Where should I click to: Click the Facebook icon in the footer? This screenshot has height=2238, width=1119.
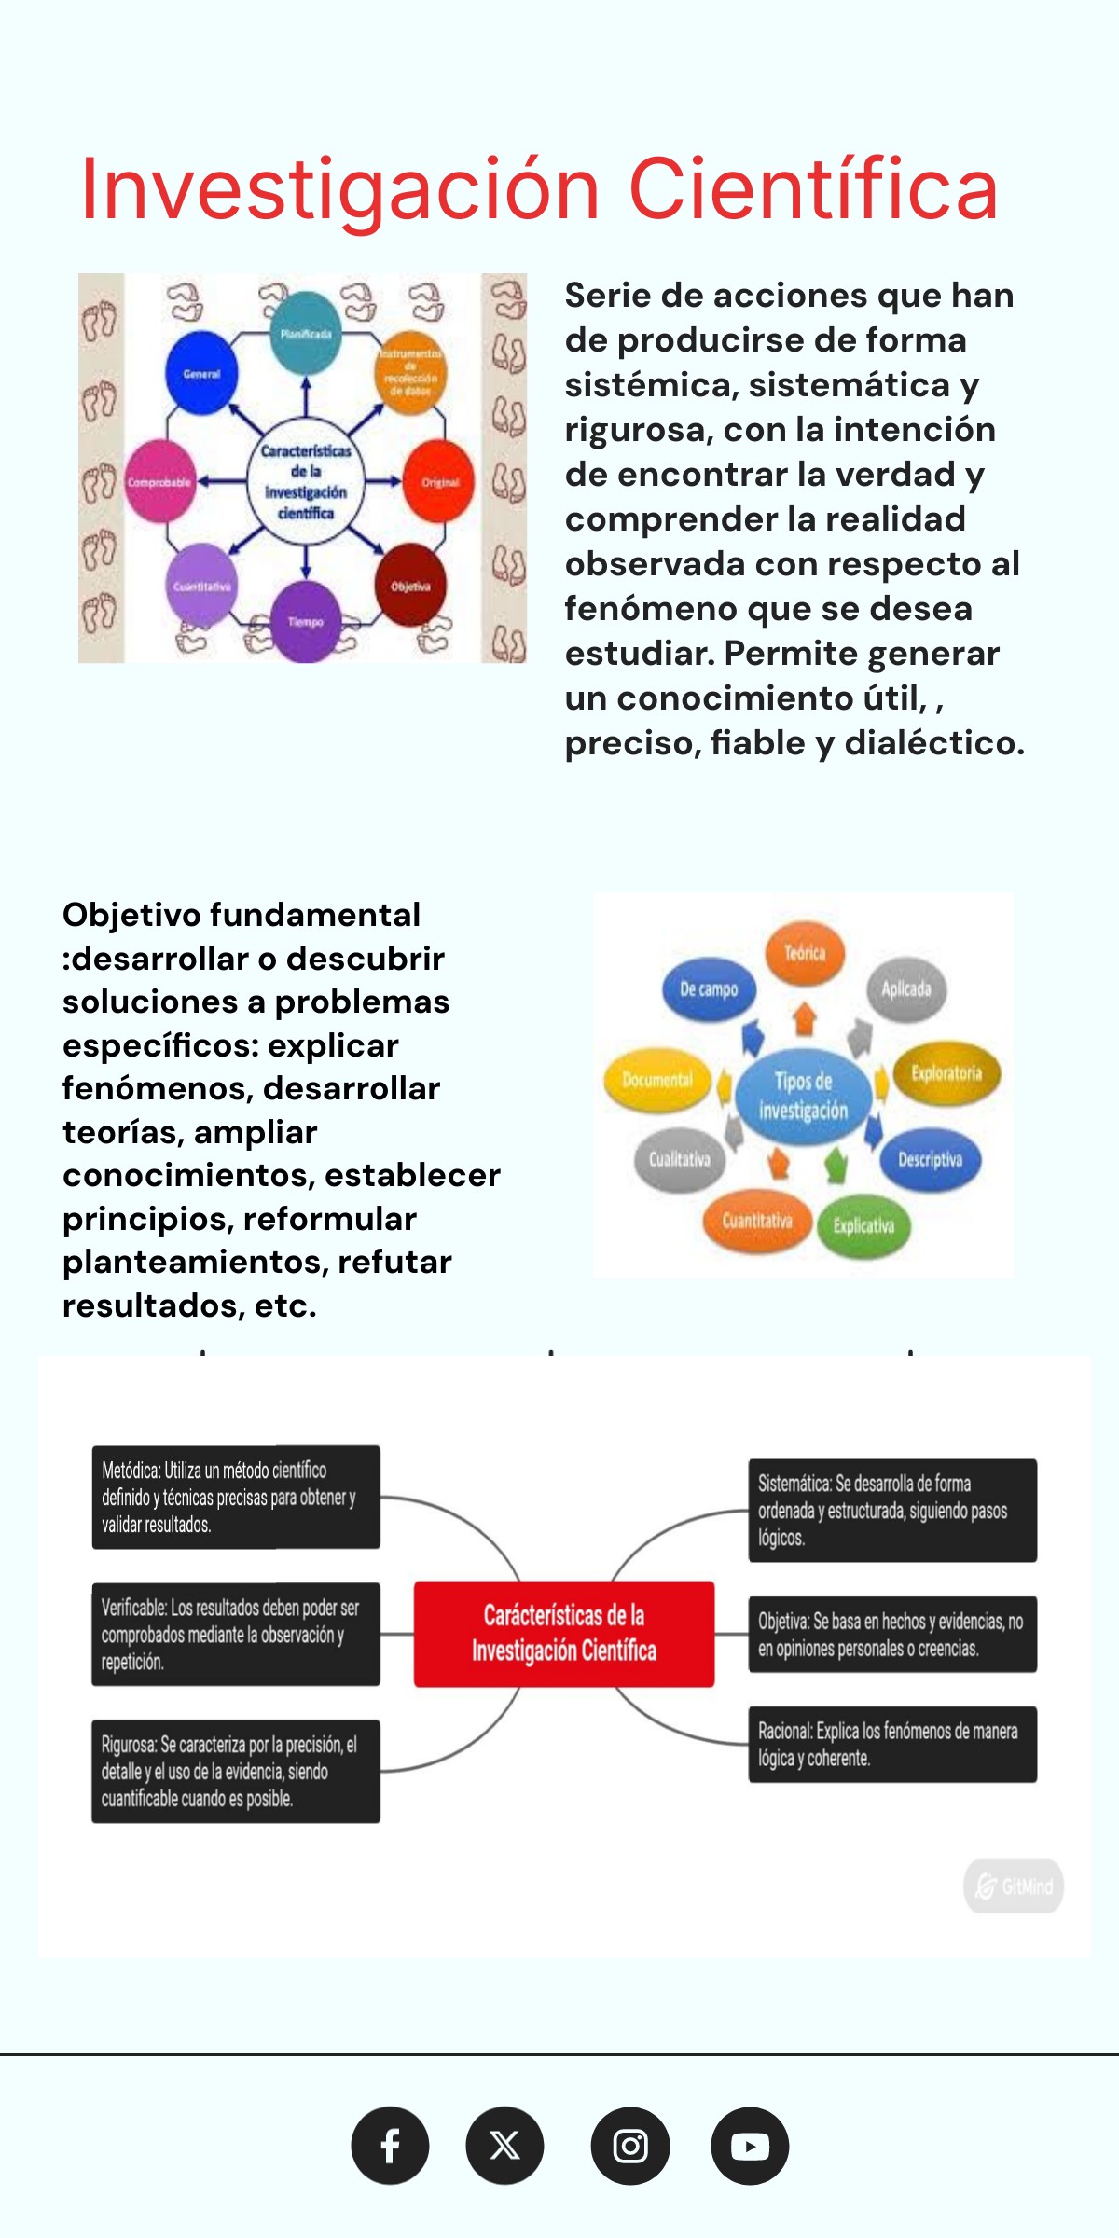coord(390,2146)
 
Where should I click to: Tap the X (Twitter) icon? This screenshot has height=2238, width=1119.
coord(504,2146)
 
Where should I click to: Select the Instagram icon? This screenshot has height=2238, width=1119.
coord(630,2146)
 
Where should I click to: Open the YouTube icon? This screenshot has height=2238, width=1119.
coord(750,2146)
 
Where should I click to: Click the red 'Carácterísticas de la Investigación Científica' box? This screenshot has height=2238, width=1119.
coord(564,1634)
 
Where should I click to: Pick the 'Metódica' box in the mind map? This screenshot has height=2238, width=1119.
coord(236,1497)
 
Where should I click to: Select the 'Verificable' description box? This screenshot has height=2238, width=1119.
coord(236,1634)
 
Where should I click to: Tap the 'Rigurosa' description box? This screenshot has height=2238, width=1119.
coord(236,1771)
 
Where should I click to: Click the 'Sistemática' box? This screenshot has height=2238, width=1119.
coord(892,1510)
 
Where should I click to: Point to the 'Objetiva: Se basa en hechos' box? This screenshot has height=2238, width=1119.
coord(892,1634)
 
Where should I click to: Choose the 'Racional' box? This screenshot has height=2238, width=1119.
coord(892,1744)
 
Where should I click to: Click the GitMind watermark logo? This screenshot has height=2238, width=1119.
coord(1014,1886)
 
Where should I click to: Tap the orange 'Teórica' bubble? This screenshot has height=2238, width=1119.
coord(805,953)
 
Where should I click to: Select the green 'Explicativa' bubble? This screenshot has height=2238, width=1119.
coord(863,1225)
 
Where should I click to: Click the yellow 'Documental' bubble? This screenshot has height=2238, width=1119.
coord(657,1080)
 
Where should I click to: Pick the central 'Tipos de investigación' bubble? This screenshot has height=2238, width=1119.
coord(804,1096)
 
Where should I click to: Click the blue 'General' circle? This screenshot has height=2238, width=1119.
coord(201,374)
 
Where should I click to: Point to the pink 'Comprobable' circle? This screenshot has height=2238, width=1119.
coord(159,482)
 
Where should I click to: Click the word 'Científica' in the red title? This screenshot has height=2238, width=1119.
coord(813,189)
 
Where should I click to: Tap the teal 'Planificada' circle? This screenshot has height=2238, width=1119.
coord(306,333)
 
